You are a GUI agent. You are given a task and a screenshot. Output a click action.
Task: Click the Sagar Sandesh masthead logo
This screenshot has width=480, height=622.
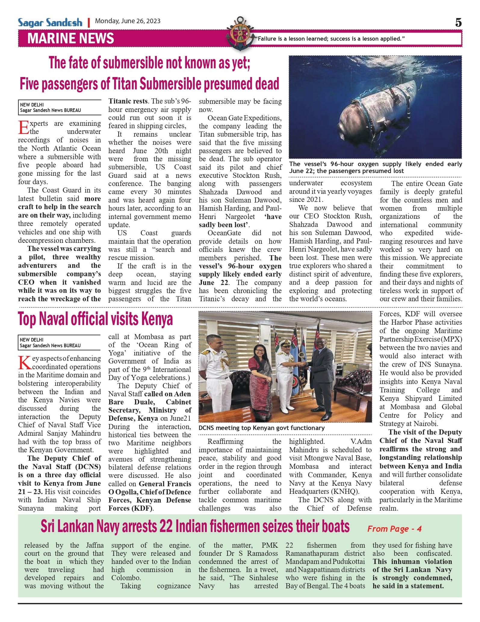(x=50, y=22)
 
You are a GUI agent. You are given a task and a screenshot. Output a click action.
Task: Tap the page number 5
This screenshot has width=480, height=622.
(x=458, y=23)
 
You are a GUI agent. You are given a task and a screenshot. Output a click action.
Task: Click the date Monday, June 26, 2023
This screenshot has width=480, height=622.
(x=128, y=21)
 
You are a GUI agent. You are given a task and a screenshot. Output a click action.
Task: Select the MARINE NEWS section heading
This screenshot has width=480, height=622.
(x=71, y=39)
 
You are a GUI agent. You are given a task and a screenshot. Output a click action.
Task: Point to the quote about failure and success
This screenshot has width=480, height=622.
(x=330, y=39)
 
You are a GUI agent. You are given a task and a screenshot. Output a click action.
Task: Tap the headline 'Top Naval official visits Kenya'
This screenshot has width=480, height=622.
(x=95, y=319)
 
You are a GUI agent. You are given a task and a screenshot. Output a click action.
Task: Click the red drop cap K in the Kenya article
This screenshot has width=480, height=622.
(x=24, y=363)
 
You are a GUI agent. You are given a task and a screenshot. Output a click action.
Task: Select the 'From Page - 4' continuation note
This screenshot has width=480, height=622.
(x=394, y=529)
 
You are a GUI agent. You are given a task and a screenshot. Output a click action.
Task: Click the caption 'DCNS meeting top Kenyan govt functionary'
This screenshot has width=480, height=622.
(x=262, y=428)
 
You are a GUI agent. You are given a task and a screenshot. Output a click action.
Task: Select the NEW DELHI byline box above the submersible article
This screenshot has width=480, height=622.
(x=60, y=107)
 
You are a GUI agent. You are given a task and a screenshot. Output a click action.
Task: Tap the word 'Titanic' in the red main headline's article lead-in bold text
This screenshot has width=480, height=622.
(x=121, y=101)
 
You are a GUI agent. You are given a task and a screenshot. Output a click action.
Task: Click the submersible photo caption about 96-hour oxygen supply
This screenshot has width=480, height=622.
(x=375, y=167)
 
